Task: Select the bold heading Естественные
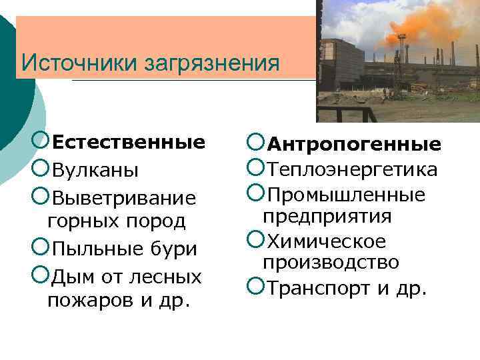(x=128, y=143)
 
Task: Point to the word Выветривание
(x=124, y=199)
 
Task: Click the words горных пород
(x=116, y=220)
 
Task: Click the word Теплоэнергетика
(x=352, y=170)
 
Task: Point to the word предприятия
(x=327, y=217)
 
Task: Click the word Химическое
(x=326, y=241)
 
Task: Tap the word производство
(x=331, y=262)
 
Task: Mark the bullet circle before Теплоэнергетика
(x=255, y=169)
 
